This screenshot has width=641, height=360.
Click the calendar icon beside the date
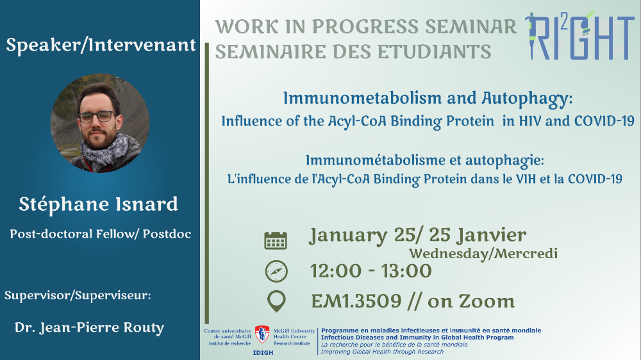(x=276, y=240)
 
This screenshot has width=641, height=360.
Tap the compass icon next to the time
(x=276, y=272)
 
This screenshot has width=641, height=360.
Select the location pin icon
(x=276, y=302)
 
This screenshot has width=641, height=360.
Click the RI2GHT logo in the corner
(x=579, y=35)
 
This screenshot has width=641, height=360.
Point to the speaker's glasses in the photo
(x=97, y=117)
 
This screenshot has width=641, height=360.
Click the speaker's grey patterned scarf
(x=107, y=152)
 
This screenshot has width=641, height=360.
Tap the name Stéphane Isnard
(x=99, y=204)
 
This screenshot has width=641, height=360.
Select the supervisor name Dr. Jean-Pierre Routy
(x=90, y=328)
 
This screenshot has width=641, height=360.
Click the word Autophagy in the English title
(x=527, y=99)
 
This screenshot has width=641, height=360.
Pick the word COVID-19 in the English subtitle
(x=604, y=121)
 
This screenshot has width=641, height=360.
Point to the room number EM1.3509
(x=356, y=302)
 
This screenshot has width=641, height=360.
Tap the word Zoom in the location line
(x=487, y=302)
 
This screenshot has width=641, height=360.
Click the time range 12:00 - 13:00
(x=370, y=271)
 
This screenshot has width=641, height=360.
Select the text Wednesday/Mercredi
(x=483, y=254)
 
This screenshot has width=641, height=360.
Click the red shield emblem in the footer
(x=262, y=334)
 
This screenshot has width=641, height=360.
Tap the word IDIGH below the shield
(x=263, y=353)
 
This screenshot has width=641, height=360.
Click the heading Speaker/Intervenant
(x=101, y=45)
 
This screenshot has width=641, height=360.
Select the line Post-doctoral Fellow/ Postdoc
(x=101, y=234)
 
